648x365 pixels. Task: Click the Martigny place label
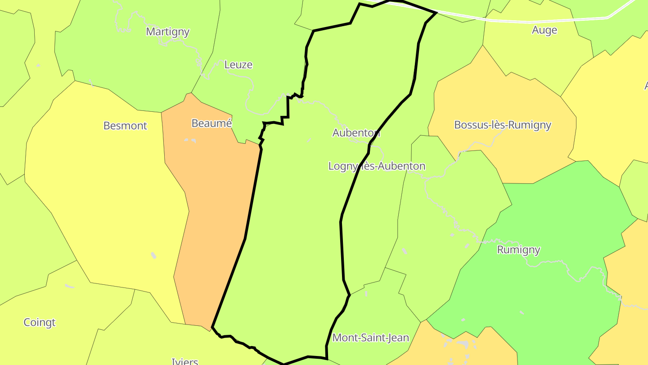tap(168, 32)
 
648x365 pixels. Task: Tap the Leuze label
tap(238, 65)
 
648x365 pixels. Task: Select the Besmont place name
tap(125, 126)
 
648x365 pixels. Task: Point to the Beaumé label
tap(211, 123)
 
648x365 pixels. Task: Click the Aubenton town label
tap(356, 133)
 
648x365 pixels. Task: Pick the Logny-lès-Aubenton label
tap(377, 166)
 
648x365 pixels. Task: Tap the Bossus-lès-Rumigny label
tap(503, 125)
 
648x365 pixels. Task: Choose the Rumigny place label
tap(518, 250)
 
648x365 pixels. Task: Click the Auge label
tap(544, 30)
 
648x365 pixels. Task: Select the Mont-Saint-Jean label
tap(370, 338)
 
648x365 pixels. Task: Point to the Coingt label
tap(40, 323)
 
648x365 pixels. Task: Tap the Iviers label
tap(185, 361)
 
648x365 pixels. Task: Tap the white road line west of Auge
tap(495, 20)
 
